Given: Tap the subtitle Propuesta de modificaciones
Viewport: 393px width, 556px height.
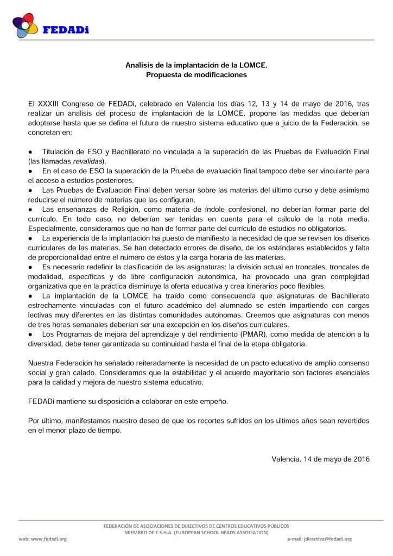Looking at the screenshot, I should (x=196, y=74).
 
